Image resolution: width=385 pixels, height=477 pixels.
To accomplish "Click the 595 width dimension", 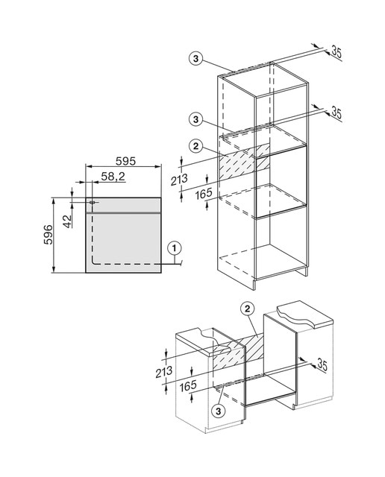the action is (125, 161).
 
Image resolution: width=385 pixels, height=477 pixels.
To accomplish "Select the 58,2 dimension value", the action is (113, 177).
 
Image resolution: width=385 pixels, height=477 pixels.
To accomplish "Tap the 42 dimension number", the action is (68, 221).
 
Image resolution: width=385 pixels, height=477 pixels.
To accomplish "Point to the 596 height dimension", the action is (48, 235).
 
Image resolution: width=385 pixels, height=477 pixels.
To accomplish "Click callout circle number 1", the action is (175, 248).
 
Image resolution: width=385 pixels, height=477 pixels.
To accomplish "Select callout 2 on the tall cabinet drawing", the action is (195, 146).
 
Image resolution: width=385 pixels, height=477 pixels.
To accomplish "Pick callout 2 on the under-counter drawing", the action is (247, 309).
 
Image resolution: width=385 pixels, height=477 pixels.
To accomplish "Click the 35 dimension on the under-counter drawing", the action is (322, 364).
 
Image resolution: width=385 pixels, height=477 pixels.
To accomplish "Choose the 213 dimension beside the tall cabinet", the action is (179, 180).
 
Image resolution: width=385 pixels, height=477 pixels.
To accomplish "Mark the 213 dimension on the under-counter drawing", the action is (164, 371).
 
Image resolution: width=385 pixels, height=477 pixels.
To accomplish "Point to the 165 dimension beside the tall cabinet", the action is (204, 194).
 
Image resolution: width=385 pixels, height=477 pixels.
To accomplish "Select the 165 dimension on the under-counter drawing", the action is (188, 386).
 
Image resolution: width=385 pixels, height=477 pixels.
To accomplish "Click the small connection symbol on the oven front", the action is (92, 202).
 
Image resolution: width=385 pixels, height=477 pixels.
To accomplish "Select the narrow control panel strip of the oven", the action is (123, 205).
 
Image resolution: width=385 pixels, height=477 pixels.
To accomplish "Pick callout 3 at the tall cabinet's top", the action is (195, 58).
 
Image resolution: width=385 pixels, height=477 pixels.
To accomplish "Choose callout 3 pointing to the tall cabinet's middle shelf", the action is (195, 119).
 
